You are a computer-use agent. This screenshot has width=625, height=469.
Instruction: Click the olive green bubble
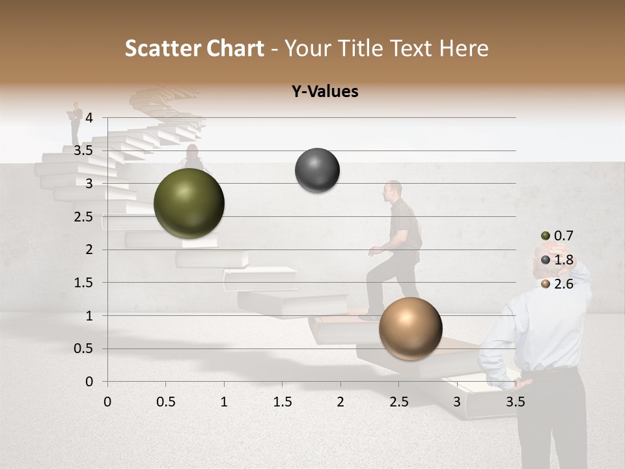point(189,203)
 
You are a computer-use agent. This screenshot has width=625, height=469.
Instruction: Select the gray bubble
point(317,170)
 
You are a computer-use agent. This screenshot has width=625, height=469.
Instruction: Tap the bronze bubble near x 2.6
point(410,328)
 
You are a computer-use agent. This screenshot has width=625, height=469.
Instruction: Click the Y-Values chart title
point(325,92)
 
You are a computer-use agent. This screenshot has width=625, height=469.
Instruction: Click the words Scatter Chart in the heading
point(195,48)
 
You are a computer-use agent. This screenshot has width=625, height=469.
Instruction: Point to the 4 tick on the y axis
point(90,118)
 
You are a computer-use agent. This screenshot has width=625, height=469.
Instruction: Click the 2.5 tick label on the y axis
point(83,217)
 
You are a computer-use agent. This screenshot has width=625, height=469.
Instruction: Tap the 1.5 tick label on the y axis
point(83,283)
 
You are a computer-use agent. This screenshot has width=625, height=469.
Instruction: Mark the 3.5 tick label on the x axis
point(515,402)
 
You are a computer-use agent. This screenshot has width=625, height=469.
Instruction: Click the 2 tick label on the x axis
point(340,402)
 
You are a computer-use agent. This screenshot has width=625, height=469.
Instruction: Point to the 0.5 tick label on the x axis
point(165,402)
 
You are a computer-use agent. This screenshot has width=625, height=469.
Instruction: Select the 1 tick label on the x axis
point(224,402)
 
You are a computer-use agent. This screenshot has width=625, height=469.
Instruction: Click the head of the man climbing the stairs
point(393,190)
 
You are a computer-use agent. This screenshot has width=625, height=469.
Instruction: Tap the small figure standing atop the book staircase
point(77,122)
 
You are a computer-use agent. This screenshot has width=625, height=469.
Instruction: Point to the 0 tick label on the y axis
point(90,382)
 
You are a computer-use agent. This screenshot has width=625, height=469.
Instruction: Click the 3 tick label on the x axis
point(457,402)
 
